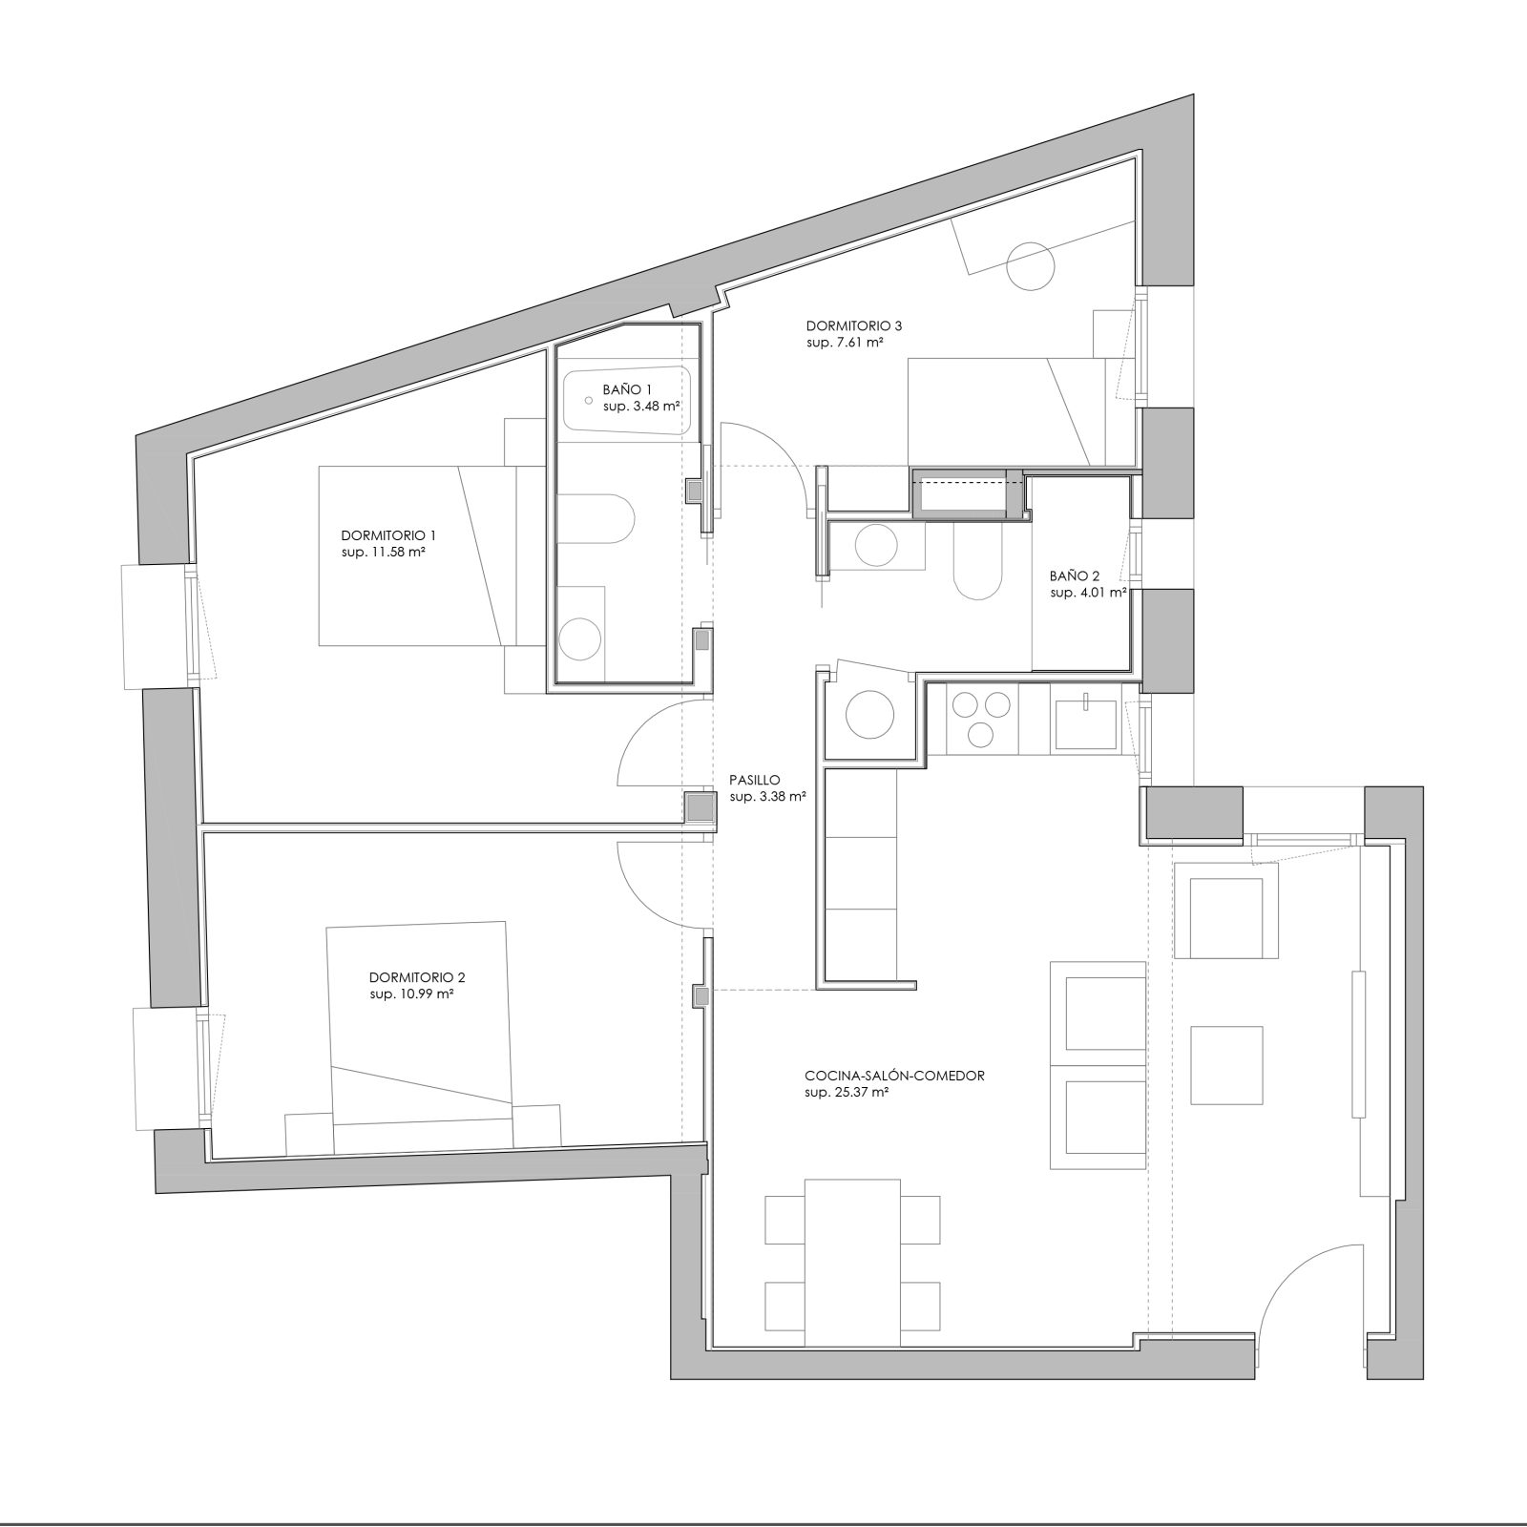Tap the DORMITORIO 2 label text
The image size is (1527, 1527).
(417, 977)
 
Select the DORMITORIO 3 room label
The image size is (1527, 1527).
(854, 325)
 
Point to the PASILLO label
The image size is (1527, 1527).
(754, 779)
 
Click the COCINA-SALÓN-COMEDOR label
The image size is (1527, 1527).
(895, 1076)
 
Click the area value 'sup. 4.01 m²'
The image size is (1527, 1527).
(1088, 593)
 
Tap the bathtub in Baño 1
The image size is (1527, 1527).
(627, 401)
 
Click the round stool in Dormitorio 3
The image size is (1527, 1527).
(1032, 266)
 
